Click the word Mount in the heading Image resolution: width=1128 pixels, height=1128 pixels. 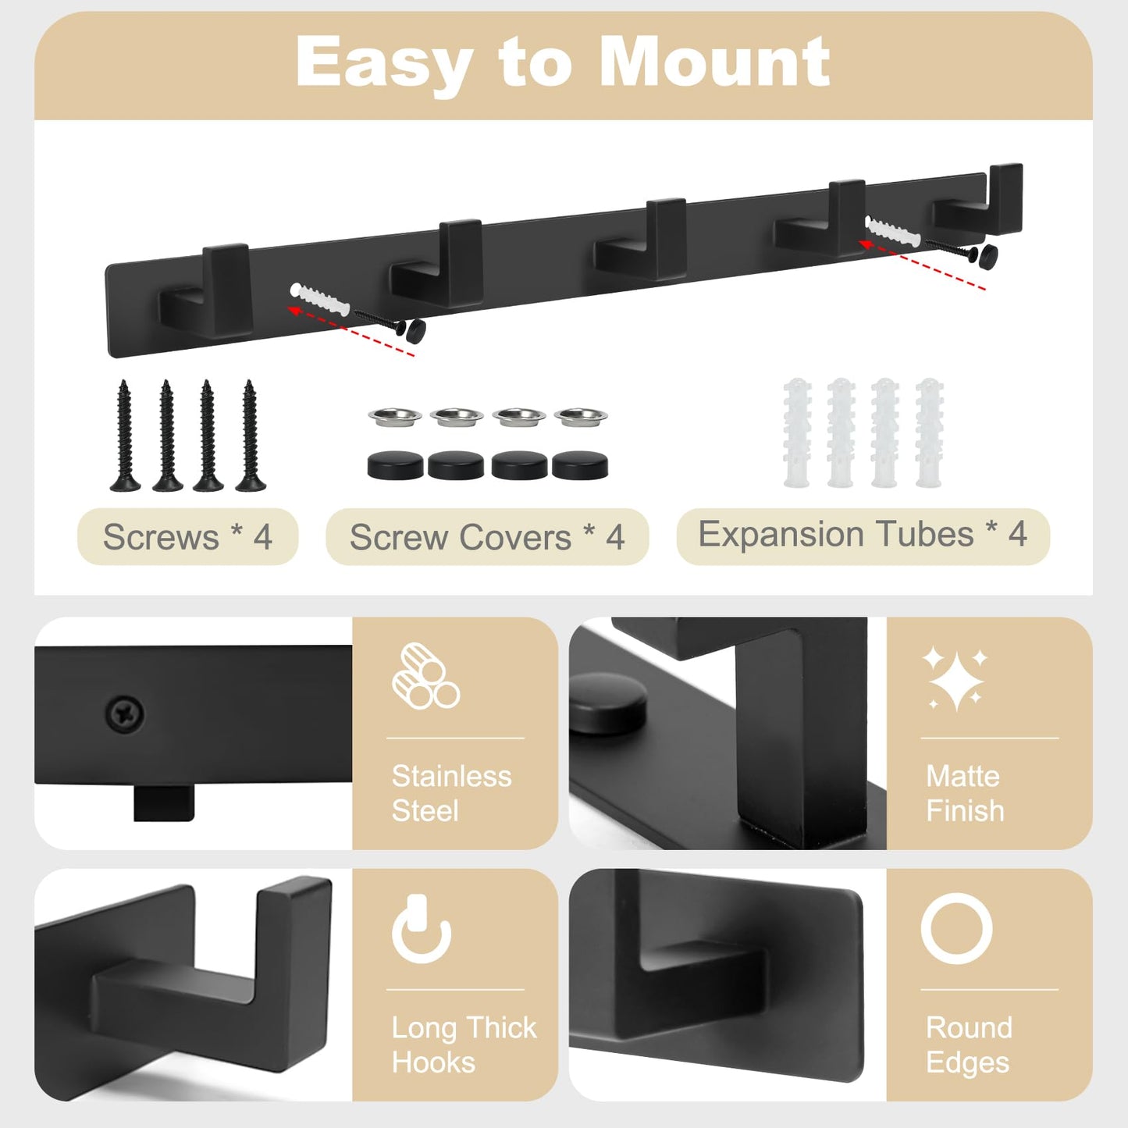tap(714, 62)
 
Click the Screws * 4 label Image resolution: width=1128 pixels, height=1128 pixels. tap(187, 537)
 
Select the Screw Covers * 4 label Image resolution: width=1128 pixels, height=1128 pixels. tap(487, 537)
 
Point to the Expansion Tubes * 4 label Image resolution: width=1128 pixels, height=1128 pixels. tap(863, 535)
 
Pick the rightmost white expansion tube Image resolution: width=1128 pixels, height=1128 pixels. tap(929, 432)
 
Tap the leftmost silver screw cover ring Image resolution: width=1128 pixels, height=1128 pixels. tap(395, 416)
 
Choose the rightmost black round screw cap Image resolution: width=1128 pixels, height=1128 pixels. tap(580, 466)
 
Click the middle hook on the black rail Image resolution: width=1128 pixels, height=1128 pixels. tap(644, 242)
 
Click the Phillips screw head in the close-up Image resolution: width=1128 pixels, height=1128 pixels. tap(124, 713)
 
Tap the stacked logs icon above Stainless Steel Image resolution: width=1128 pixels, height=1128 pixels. tap(425, 676)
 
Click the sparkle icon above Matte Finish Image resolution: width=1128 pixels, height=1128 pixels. tap(954, 678)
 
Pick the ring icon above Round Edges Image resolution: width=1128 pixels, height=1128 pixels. tap(956, 929)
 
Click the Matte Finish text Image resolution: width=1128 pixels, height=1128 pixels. tap(965, 793)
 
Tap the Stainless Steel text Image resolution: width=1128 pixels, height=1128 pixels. tap(451, 793)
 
